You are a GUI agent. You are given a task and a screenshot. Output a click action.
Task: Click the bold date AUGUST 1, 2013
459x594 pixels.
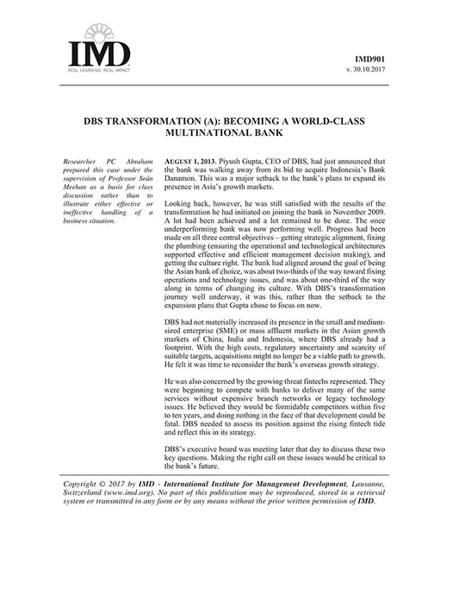(189, 162)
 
